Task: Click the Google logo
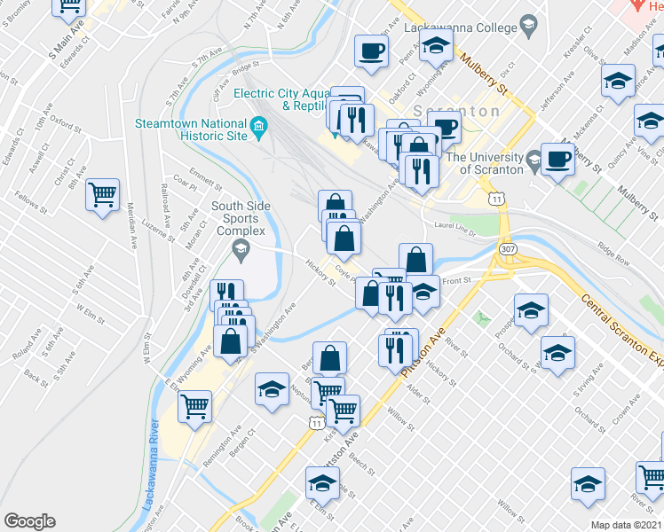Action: [x=29, y=521]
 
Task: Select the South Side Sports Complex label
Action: [x=239, y=219]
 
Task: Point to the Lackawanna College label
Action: [x=455, y=27]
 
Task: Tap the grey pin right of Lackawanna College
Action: [x=529, y=26]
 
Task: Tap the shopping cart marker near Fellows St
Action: [x=103, y=194]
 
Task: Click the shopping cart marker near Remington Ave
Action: [x=194, y=408]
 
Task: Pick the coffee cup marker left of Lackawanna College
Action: [x=371, y=50]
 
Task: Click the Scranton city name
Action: [x=470, y=112]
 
